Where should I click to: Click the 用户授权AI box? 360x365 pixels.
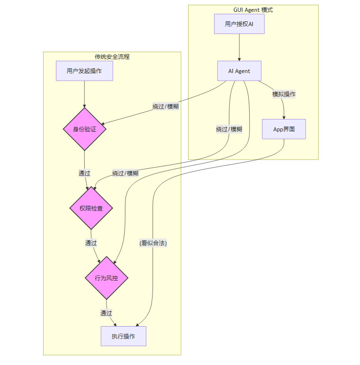pos(239,24)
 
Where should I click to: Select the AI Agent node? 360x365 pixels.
pos(239,71)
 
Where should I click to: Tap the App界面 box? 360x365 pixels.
pos(284,129)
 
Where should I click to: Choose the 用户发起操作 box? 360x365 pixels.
pos(84,71)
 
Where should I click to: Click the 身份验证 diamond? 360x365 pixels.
pos(84,129)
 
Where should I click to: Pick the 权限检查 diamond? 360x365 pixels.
pos(91,208)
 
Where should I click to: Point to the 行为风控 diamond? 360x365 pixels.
pos(106,278)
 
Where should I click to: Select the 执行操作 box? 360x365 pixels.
pos(123,336)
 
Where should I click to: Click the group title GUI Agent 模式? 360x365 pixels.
pos(253,10)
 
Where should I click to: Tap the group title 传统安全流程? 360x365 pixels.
pos(112,57)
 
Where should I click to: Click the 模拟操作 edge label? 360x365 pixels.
pos(284,94)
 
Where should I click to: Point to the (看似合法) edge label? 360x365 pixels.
pos(153,243)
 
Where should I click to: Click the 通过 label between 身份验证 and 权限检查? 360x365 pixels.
pos(84,173)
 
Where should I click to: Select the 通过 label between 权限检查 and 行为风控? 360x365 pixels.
pos(91,243)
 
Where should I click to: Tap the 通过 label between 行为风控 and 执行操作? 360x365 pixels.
pos(106,313)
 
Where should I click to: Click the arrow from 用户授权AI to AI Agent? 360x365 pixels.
pos(239,47)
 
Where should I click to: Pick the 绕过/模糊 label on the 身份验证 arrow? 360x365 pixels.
pos(165,107)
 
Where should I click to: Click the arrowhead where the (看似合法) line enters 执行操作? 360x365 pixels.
pos(137,326)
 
